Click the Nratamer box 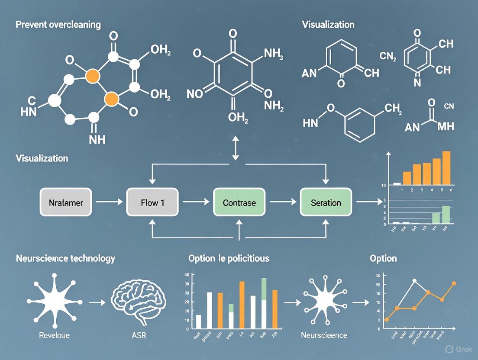click(66, 202)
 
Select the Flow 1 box click(152, 202)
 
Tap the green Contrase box click(239, 202)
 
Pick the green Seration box click(326, 202)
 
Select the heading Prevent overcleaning click(58, 24)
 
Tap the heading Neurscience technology click(65, 258)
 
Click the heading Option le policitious click(229, 258)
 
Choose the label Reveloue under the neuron click(54, 335)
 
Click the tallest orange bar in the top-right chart click(446, 167)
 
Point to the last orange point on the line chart click(454, 284)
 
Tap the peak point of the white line click(414, 281)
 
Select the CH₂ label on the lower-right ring click(393, 108)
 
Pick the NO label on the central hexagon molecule click(194, 93)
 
